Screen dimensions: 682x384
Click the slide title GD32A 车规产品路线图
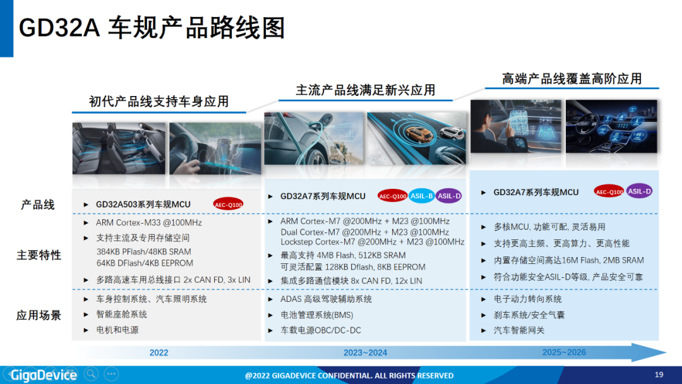pos(152,28)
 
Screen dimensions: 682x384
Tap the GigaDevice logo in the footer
pos(44,375)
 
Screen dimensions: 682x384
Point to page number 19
pos(659,375)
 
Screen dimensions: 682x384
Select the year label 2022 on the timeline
pos(159,352)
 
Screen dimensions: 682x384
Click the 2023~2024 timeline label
pos(366,352)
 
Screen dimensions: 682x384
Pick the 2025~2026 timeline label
pos(564,352)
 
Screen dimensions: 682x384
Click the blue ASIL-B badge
pos(421,196)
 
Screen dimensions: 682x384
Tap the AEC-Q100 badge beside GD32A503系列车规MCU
pos(229,205)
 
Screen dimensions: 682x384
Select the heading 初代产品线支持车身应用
pos(159,102)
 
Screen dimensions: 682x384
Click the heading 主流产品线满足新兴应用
pos(366,90)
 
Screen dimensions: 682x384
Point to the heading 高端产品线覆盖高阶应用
pos(572,79)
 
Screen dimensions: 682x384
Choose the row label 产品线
pos(38,205)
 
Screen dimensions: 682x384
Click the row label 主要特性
pos(39,255)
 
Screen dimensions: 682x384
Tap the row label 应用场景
pos(39,315)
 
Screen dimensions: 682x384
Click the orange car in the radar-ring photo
pos(419,134)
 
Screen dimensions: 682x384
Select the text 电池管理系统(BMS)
pos(316,315)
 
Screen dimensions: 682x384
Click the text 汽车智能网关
pos(519,330)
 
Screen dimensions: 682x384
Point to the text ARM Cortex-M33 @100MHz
pos(149,223)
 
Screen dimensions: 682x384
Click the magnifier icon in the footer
pos(91,373)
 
